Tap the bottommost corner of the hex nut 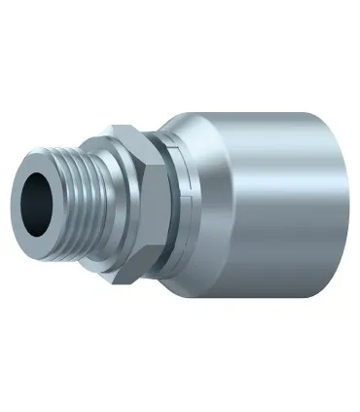(x=123, y=284)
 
